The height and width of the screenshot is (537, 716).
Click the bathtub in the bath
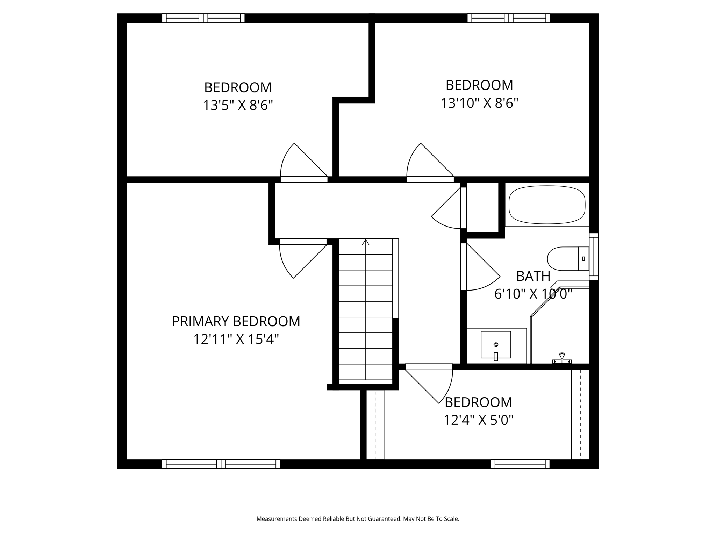[547, 205]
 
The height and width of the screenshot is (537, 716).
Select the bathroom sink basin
[496, 345]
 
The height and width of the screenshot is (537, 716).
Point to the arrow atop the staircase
[366, 242]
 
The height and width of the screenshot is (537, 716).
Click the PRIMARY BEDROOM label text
[236, 321]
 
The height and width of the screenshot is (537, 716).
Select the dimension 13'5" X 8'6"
[238, 105]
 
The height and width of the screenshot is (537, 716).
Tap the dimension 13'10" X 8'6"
[479, 103]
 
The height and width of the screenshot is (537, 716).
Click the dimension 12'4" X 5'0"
[478, 420]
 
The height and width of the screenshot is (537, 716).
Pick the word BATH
[533, 276]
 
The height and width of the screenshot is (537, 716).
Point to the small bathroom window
[594, 257]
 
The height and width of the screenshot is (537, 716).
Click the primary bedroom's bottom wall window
[221, 464]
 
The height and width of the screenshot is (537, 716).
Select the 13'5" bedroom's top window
[203, 18]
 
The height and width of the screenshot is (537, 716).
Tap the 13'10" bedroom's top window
[509, 18]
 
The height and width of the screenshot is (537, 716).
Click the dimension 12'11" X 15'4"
[236, 339]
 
